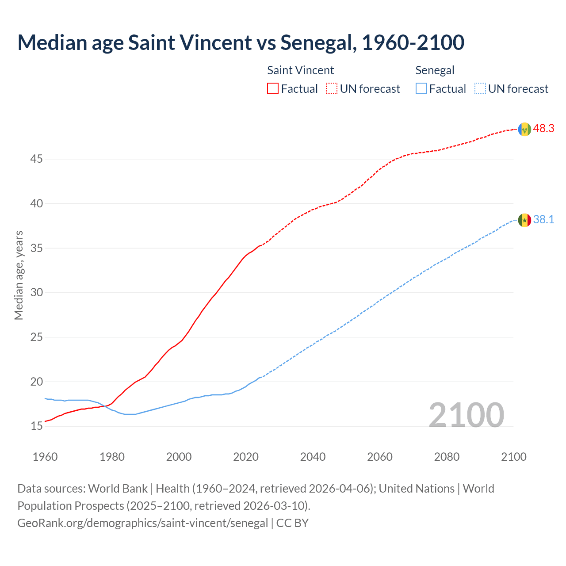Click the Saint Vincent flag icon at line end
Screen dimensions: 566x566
524,129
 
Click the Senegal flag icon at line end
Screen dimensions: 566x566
524,220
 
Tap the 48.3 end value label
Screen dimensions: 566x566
543,129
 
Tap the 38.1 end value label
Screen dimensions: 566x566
543,220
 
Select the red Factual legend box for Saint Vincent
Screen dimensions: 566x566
273,89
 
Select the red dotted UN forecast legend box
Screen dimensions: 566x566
332,89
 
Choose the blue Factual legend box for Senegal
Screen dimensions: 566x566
421,89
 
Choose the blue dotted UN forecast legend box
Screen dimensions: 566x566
480,89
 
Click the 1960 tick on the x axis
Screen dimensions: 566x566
45,457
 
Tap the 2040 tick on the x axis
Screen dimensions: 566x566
313,457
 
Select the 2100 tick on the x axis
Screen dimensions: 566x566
513,457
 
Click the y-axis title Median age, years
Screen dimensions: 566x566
19,275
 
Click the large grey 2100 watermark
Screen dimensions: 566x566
466,415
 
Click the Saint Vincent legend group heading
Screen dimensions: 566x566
300,70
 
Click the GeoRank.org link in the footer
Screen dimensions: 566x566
142,523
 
